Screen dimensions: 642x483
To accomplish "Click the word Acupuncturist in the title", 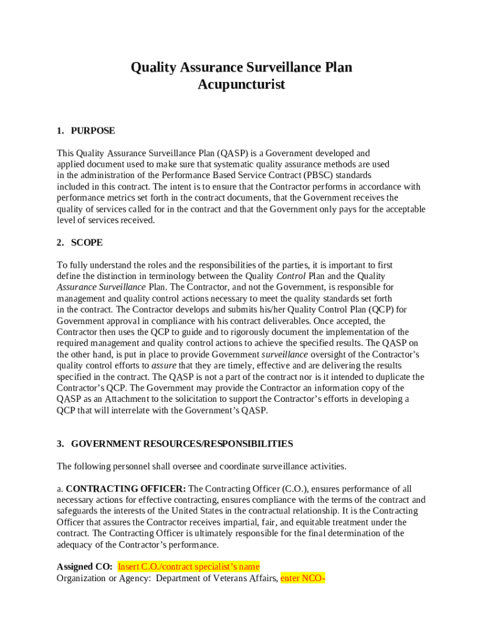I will click(242, 85).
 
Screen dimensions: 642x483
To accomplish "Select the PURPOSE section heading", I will click(93, 131).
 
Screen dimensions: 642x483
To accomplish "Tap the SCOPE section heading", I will click(87, 243).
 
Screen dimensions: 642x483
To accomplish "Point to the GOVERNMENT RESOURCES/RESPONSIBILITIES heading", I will click(182, 444).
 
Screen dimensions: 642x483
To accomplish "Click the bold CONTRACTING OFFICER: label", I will click(125, 489).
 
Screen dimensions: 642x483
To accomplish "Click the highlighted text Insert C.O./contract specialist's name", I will click(189, 567).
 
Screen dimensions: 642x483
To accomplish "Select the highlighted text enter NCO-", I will click(303, 578).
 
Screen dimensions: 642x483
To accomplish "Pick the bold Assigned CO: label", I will click(85, 567).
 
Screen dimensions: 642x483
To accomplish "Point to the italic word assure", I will click(164, 366).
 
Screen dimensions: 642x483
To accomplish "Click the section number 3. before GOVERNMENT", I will click(60, 444).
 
